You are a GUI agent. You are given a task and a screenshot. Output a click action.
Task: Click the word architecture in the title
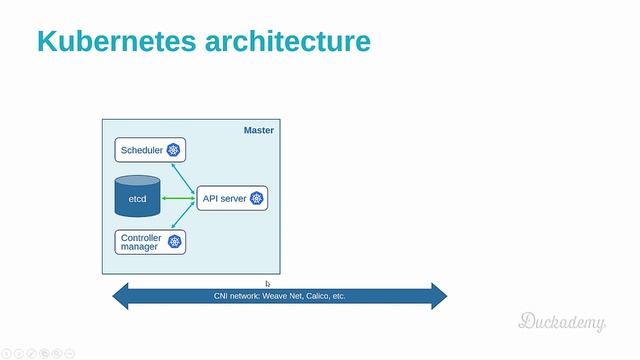[x=291, y=41]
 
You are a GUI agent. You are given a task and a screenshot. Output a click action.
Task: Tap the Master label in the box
[x=258, y=131]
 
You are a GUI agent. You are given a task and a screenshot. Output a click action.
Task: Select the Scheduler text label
[x=141, y=151]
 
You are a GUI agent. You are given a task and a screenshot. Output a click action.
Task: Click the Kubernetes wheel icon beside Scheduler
[x=173, y=151]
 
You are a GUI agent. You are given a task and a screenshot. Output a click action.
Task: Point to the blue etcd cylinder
[x=137, y=197]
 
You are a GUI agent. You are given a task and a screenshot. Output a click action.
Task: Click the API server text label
[x=224, y=199]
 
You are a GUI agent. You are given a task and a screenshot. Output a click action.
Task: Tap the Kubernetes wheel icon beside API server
[x=257, y=199]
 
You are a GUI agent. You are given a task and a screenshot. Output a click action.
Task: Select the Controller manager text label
[x=141, y=242]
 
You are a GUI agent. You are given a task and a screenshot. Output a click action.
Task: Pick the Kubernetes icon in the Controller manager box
[x=174, y=242]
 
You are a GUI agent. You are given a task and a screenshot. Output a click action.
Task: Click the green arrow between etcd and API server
[x=178, y=199]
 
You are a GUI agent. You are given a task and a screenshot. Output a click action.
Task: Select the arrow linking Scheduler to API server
[x=184, y=174]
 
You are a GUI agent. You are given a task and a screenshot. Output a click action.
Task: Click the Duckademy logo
[x=561, y=321]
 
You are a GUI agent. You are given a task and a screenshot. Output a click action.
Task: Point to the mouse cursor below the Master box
[x=268, y=284]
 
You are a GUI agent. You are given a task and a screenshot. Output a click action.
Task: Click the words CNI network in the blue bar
[x=236, y=296]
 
